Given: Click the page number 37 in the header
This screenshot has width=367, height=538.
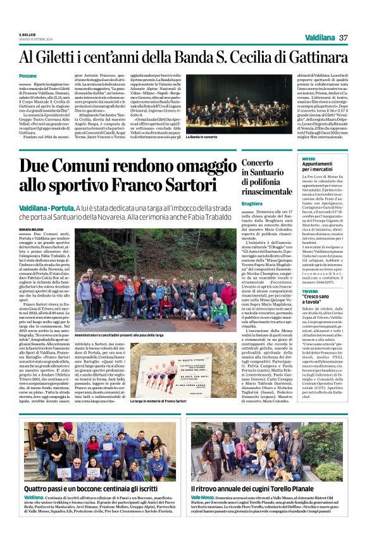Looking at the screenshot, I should [x=344, y=37].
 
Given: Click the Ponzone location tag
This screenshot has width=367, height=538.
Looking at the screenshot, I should [x=28, y=76].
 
